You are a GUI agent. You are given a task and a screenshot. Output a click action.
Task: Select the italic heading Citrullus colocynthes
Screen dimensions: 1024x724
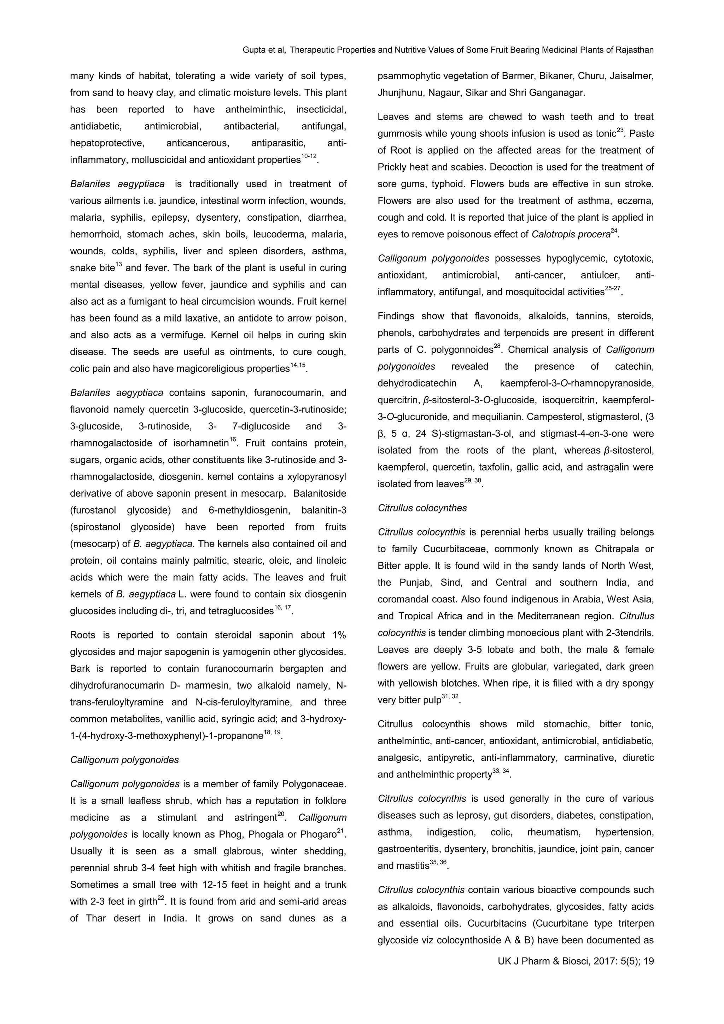pyautogui.click(x=422, y=508)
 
